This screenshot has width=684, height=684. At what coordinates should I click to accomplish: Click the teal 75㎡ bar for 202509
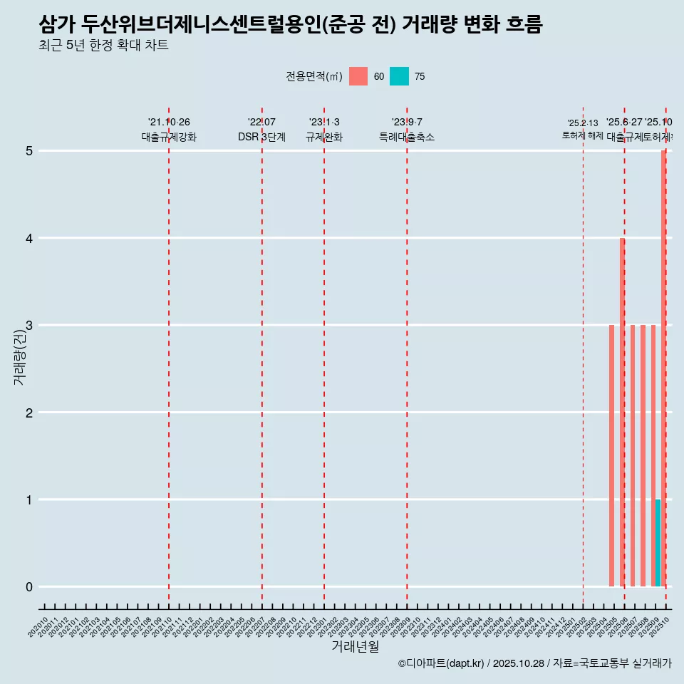point(658,543)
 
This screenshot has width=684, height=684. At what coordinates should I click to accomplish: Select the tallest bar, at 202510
point(663,368)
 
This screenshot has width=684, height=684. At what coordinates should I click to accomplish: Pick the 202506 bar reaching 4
point(621,412)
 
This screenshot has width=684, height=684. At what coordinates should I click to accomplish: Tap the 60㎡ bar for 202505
point(611,456)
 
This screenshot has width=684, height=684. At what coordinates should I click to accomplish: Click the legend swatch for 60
point(358,76)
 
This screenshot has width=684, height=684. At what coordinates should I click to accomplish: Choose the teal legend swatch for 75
point(399,76)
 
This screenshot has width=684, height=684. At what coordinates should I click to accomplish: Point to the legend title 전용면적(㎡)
point(314,76)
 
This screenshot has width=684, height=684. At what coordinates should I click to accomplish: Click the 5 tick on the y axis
point(29,151)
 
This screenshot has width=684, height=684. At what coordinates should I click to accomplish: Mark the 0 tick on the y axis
point(29,587)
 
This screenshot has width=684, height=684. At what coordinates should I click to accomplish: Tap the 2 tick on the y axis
point(29,413)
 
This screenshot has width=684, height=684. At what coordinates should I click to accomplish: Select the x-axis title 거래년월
point(355,646)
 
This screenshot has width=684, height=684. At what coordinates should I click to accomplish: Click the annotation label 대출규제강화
point(169,137)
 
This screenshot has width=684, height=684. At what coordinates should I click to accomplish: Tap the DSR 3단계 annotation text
point(261,137)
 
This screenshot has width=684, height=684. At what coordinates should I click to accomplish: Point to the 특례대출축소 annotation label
point(406,137)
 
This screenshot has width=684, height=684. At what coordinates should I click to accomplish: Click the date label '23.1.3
point(324,123)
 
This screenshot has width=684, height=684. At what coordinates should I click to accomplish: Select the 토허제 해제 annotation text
point(582,135)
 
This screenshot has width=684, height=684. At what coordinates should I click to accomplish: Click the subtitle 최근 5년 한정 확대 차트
point(104,46)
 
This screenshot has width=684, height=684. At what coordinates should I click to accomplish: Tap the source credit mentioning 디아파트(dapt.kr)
point(534,663)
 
